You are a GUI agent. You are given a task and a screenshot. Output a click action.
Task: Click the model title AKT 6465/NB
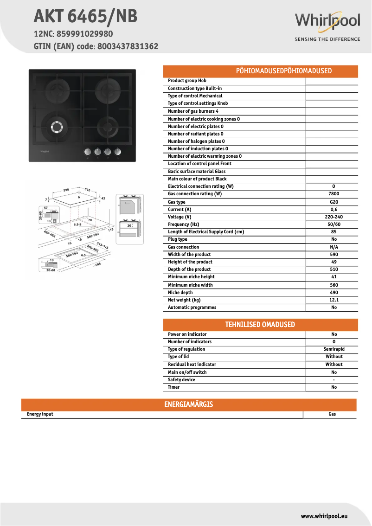pyautogui.click(x=85, y=17)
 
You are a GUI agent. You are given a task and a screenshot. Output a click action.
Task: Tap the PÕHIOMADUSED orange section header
pyautogui.click(x=261, y=71)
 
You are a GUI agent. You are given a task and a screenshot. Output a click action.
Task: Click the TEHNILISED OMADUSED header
pyautogui.click(x=261, y=325)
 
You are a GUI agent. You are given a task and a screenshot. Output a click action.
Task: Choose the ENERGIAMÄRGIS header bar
pyautogui.click(x=189, y=404)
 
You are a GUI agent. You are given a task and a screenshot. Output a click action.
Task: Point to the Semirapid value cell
pyautogui.click(x=334, y=349)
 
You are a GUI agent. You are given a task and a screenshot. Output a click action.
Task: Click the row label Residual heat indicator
pyautogui.click(x=192, y=365)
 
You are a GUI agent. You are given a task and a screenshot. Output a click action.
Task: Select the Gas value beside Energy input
pyautogui.click(x=332, y=414)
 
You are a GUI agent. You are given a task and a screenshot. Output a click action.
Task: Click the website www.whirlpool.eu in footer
pyautogui.click(x=324, y=516)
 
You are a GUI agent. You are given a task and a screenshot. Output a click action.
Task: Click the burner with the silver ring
pyautogui.click(x=56, y=126)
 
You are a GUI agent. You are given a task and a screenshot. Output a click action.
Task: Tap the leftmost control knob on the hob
pyautogui.click(x=87, y=152)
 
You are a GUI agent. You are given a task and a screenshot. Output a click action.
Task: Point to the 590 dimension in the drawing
pyautogui.click(x=66, y=190)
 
